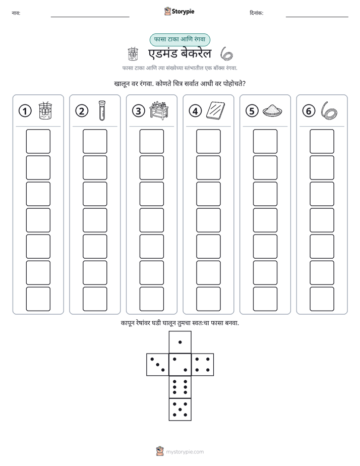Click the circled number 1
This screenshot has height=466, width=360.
click(x=25, y=111)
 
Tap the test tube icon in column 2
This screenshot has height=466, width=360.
click(x=102, y=110)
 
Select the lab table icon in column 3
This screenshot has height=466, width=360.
click(x=159, y=110)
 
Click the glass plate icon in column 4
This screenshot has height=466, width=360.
click(x=216, y=111)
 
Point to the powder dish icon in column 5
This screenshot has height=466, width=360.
click(x=272, y=110)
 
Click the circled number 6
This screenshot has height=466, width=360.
click(x=309, y=111)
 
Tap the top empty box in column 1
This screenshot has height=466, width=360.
click(x=38, y=141)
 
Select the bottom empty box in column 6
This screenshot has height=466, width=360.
click(x=322, y=299)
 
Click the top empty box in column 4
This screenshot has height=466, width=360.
click(x=208, y=141)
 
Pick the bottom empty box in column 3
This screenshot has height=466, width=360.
click(x=151, y=299)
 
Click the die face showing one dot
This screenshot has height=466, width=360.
click(x=180, y=342)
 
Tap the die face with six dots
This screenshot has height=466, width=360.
click(x=180, y=387)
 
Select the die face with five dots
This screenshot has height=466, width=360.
click(x=180, y=410)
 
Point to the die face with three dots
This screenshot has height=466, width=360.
click(x=158, y=364)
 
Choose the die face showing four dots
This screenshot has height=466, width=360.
click(x=203, y=364)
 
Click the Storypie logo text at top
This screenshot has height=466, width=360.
click(x=183, y=12)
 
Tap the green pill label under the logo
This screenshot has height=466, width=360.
click(x=179, y=39)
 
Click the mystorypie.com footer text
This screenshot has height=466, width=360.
click(x=185, y=452)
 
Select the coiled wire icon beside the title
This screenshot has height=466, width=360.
click(x=226, y=54)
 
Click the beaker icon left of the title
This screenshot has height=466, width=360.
click(x=133, y=54)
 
